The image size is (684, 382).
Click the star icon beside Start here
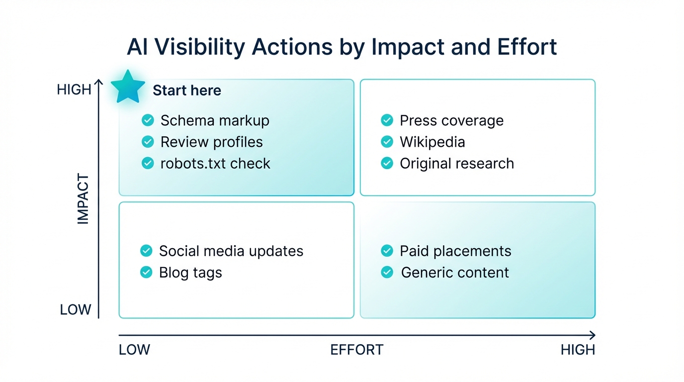coord(128,87)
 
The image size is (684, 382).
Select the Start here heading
coord(187,91)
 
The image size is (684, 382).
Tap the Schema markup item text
coord(215,120)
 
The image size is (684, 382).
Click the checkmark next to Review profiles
coord(148,142)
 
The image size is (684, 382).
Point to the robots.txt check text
coord(215,164)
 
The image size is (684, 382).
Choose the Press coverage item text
coord(451,120)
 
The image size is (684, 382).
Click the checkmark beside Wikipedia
coord(387,142)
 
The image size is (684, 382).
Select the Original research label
coord(457,164)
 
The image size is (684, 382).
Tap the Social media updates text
coord(231,251)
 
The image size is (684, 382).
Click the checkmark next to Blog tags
coord(146,273)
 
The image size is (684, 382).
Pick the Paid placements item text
coord(455,251)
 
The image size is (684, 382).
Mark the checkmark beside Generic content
coord(387,273)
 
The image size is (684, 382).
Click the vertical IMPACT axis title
coord(83,199)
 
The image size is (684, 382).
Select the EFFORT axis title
coord(356,350)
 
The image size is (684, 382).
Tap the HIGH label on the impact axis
coord(74,90)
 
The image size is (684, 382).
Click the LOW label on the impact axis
coord(76,310)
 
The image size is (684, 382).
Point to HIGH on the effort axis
coord(578,350)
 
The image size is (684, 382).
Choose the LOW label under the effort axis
coord(134,350)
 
